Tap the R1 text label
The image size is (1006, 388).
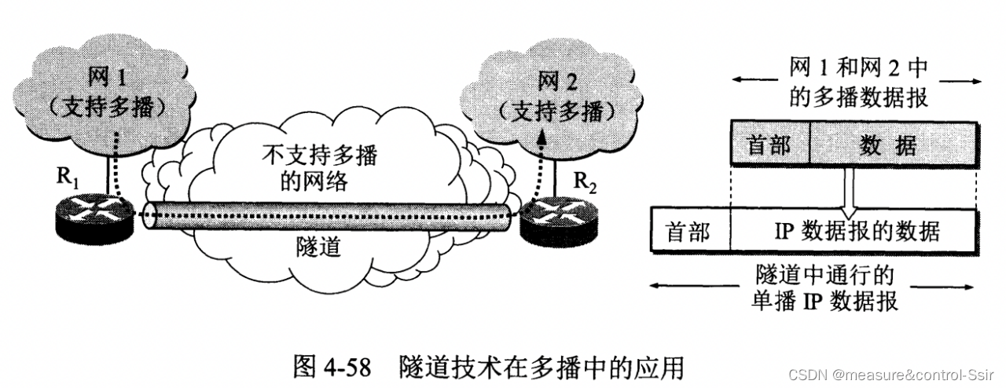pos(66,177)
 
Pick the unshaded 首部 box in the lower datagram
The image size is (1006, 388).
pos(688,231)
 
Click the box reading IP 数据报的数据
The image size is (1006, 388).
pos(854,231)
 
